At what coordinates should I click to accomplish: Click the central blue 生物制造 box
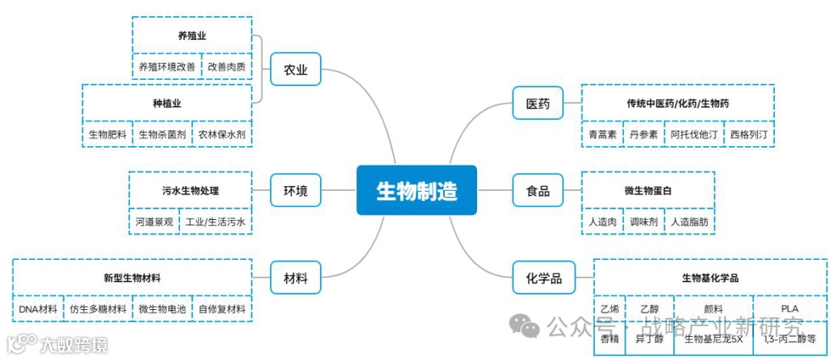click(x=416, y=190)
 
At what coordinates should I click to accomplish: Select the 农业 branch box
click(x=295, y=70)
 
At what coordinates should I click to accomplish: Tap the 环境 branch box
click(x=295, y=190)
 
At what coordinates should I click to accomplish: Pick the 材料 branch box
click(x=295, y=278)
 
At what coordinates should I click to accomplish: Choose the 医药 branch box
click(x=537, y=103)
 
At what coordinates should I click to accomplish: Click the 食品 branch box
click(x=537, y=191)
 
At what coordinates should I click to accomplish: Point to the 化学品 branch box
click(x=543, y=278)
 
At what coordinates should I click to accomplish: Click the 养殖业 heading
click(x=192, y=35)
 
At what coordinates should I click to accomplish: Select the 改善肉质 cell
click(x=227, y=66)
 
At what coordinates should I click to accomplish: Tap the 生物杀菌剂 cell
click(x=162, y=135)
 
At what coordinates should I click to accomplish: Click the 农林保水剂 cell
click(x=222, y=135)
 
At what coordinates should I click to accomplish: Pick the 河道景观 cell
click(x=155, y=222)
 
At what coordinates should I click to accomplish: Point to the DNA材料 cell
click(x=38, y=309)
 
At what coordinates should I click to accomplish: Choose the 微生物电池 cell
click(x=162, y=309)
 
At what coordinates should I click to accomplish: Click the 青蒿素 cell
click(x=602, y=134)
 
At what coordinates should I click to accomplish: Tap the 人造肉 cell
click(x=602, y=222)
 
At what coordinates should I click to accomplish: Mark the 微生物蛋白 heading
click(x=648, y=190)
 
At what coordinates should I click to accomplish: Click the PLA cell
click(x=789, y=308)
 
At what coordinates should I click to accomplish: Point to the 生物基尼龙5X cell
click(x=713, y=338)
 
